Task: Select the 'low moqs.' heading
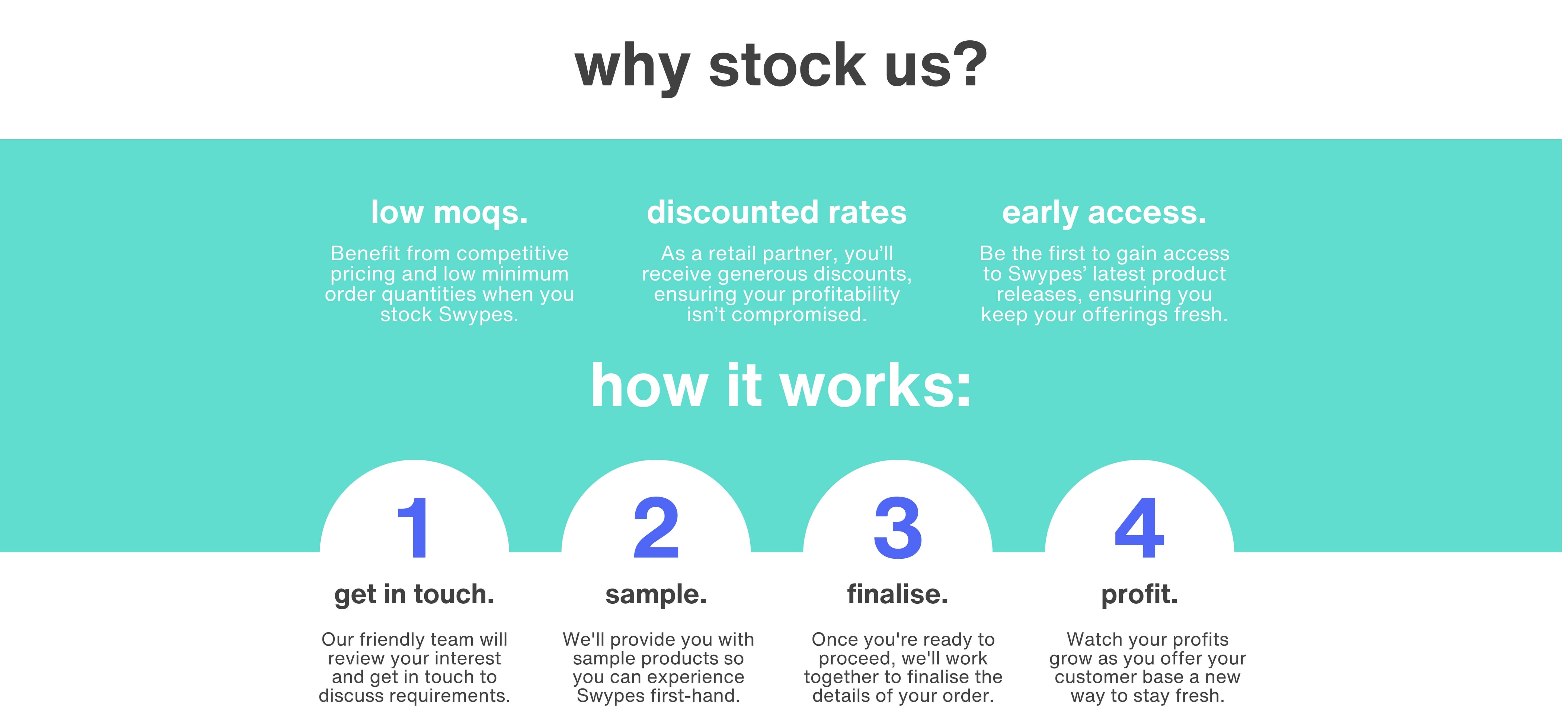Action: [x=449, y=213]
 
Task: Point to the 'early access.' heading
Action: [x=1104, y=213]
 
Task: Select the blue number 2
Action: [x=656, y=527]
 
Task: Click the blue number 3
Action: [x=898, y=527]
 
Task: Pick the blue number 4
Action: [x=1139, y=527]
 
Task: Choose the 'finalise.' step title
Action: [x=897, y=594]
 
